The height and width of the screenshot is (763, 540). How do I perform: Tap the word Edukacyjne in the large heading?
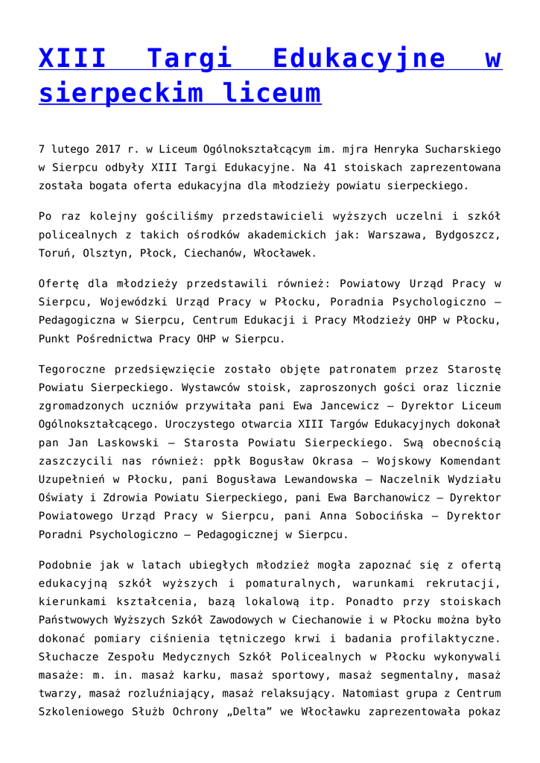pos(359,58)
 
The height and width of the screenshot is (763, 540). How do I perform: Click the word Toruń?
pos(54,253)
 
